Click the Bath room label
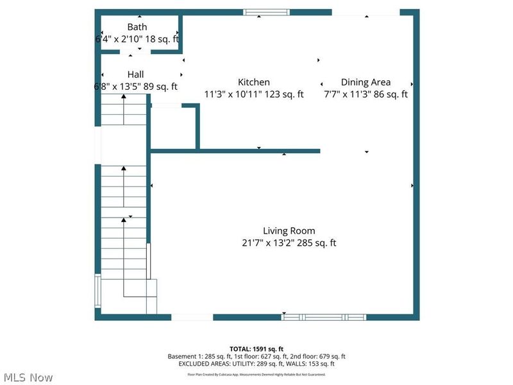pos(137,27)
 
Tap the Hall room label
pos(135,74)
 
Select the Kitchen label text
pos(253,82)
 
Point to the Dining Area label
pos(366,82)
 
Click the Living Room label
pos(289,231)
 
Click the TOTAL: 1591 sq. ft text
pos(256,348)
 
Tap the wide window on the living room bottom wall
pos(324,317)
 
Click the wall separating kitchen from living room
pos(256,151)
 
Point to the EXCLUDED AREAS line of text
pos(256,364)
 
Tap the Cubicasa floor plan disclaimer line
pos(256,374)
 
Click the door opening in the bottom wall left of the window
pos(192,317)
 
